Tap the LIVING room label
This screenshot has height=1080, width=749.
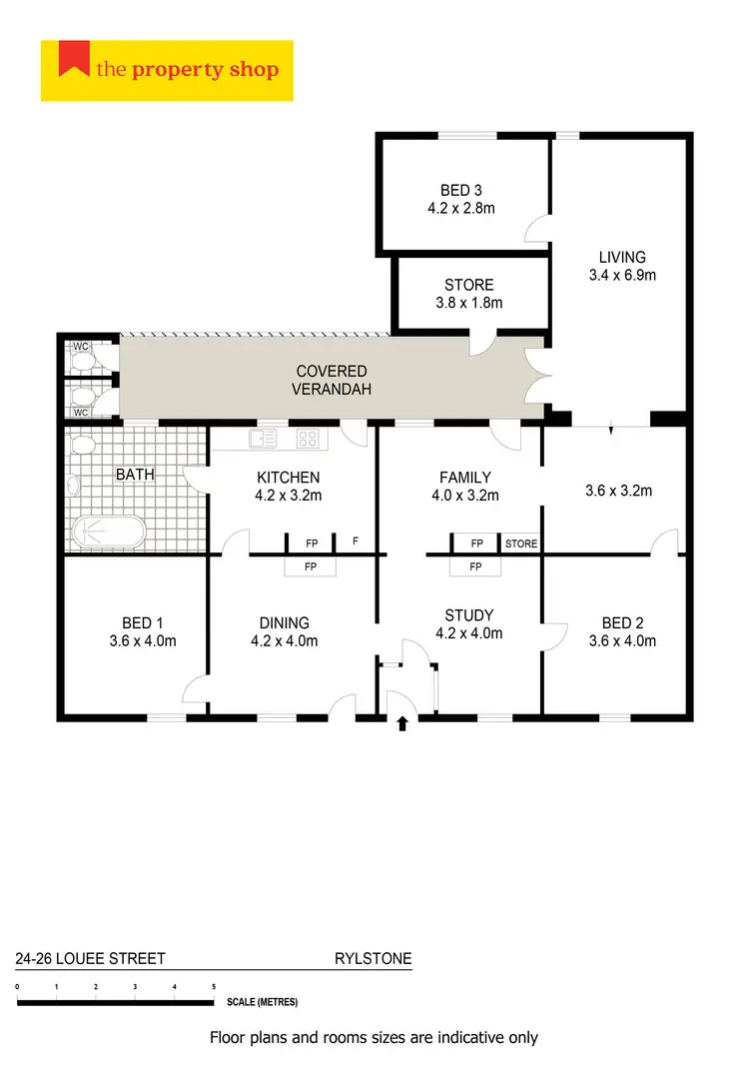pyautogui.click(x=622, y=257)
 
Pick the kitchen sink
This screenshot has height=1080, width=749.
pyautogui.click(x=262, y=438)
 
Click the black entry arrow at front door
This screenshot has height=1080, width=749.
pyautogui.click(x=403, y=723)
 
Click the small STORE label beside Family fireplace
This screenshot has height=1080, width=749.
pyautogui.click(x=521, y=544)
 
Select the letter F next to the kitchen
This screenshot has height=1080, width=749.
pyautogui.click(x=356, y=541)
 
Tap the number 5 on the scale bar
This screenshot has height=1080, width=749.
pyautogui.click(x=214, y=986)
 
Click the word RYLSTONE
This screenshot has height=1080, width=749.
pyautogui.click(x=373, y=959)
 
